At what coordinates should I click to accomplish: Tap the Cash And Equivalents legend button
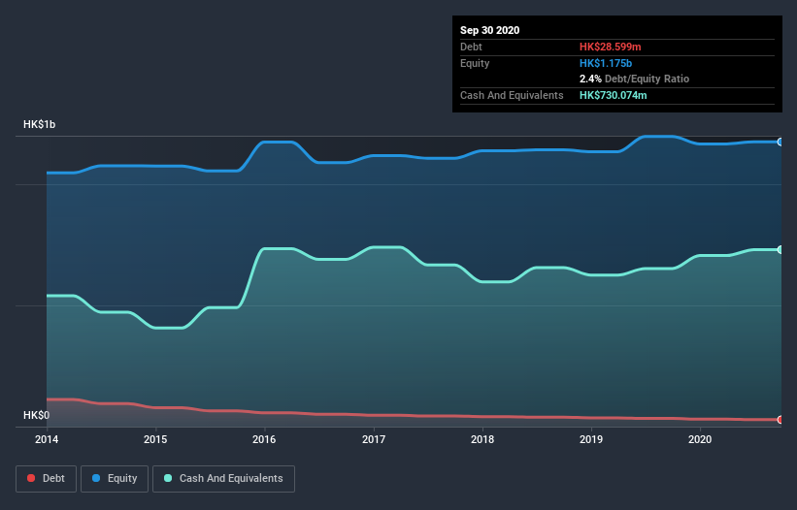(223, 478)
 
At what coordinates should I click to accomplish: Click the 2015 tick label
(155, 439)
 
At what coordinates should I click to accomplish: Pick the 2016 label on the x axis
(264, 439)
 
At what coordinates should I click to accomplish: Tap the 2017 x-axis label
(374, 439)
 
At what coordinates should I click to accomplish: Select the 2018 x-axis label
(482, 439)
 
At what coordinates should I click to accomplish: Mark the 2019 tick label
(591, 439)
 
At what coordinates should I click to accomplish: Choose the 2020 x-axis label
(700, 439)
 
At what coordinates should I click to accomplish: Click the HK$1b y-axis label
(40, 125)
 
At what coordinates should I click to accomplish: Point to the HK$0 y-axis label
(36, 415)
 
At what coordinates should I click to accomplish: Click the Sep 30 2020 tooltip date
(490, 30)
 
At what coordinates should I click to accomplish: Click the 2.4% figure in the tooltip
(590, 79)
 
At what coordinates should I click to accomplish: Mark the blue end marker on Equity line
(780, 142)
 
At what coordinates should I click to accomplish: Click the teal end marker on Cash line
(780, 249)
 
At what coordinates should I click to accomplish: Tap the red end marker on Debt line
(780, 420)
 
